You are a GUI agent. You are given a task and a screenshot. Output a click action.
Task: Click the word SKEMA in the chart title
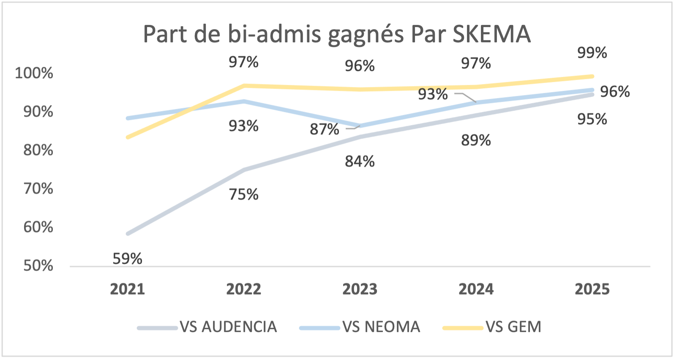pos(491,34)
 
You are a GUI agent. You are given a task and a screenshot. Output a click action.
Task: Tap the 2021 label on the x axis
pos(127,289)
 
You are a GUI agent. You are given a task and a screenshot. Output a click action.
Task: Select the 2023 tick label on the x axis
pos(360,289)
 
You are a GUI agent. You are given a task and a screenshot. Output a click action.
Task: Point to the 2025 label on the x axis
pos(592,289)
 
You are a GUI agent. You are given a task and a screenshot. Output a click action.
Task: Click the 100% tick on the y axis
pos(34,73)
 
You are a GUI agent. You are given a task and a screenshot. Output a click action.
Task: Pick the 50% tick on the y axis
pos(38,266)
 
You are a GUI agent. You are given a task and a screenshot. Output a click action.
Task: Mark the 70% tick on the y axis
pos(38,188)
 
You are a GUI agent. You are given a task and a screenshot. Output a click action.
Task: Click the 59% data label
pos(127,259)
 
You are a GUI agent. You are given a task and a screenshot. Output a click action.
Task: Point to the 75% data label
pos(243,194)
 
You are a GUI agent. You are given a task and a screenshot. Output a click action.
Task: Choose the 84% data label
pos(360,161)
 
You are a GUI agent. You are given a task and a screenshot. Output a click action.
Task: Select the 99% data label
pos(592,53)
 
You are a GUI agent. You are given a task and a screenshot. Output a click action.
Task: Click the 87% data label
pos(324,129)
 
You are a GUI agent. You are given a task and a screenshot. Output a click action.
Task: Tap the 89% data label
pos(476,140)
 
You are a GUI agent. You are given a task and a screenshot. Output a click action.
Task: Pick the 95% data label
pos(592,120)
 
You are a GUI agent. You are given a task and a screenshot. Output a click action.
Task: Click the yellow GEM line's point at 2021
pos(128,137)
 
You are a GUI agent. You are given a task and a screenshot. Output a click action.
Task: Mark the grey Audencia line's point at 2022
pos(244,170)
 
